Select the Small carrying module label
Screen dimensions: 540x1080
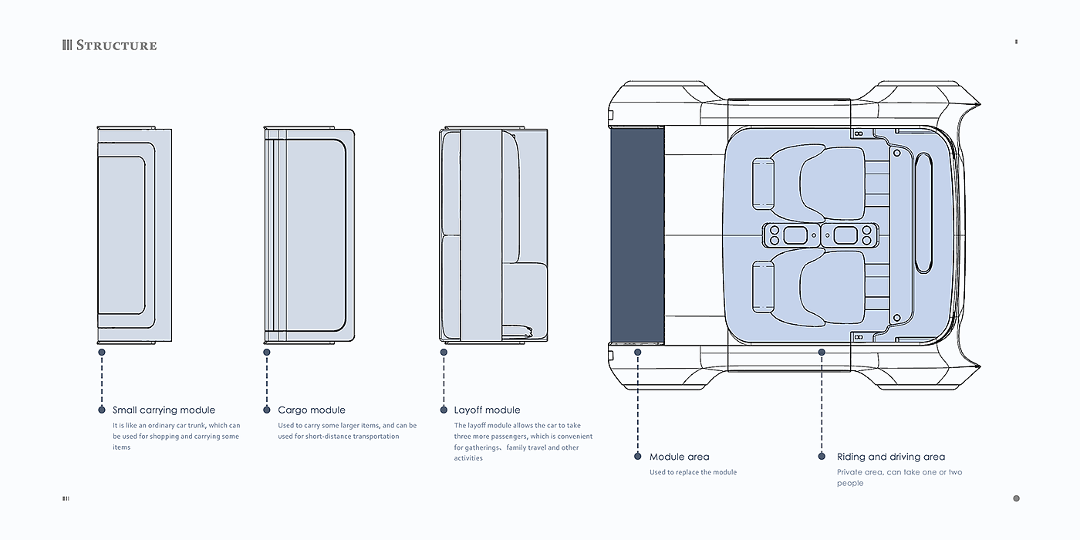click(164, 410)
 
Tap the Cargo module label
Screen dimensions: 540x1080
click(312, 410)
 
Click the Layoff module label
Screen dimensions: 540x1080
click(487, 410)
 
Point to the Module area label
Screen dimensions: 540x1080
click(679, 457)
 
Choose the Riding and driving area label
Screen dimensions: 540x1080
click(890, 457)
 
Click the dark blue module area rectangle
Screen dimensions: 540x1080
click(637, 235)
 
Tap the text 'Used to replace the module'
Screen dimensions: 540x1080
click(693, 472)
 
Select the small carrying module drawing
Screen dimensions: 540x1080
click(133, 235)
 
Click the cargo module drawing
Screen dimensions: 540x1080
click(309, 235)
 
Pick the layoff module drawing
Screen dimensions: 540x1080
click(492, 235)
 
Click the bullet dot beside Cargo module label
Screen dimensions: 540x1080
click(267, 410)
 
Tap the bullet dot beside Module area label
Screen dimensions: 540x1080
click(638, 456)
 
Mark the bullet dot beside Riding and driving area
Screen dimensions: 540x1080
click(822, 456)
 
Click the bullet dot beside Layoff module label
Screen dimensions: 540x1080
click(444, 410)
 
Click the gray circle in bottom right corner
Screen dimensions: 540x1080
click(1016, 498)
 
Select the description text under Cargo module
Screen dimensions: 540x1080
click(347, 431)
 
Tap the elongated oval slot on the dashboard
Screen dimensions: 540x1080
click(923, 213)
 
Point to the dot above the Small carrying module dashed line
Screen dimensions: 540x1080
click(102, 352)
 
